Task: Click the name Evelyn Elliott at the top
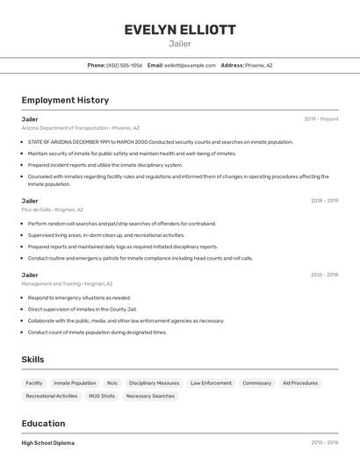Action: point(180,30)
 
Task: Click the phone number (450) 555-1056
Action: point(124,65)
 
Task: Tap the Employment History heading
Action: point(65,100)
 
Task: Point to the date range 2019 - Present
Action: point(321,118)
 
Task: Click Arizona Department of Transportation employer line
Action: point(80,128)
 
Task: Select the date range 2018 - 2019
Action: point(324,201)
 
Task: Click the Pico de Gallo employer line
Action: point(53,210)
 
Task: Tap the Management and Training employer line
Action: point(67,283)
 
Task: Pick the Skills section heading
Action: point(32,360)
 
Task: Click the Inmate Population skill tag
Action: point(75,383)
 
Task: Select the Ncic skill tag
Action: point(112,383)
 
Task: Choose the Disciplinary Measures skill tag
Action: point(154,383)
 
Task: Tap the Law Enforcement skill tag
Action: point(211,383)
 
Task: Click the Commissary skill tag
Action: point(256,383)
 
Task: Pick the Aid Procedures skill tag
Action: point(300,383)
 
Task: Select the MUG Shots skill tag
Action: point(102,396)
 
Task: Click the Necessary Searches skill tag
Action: point(150,396)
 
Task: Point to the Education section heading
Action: point(43,423)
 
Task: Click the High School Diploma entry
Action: point(48,442)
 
